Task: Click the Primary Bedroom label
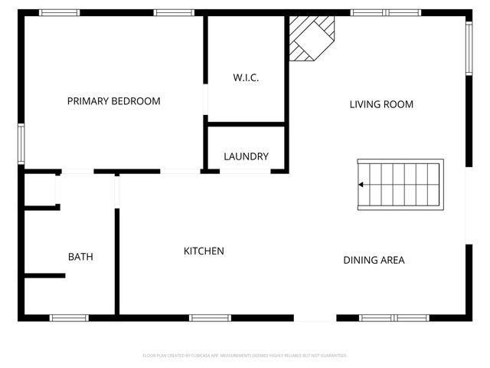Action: [x=113, y=101]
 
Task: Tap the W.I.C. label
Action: [x=246, y=77]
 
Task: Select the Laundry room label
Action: [x=246, y=156]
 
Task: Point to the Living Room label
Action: [x=381, y=104]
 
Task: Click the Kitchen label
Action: [x=204, y=251]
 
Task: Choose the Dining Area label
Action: [x=374, y=260]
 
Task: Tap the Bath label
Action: [x=80, y=257]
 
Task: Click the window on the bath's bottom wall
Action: [x=69, y=317]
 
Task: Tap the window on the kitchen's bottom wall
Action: [x=210, y=317]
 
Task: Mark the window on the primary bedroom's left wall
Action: [x=21, y=143]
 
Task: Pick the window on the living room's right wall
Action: [x=469, y=48]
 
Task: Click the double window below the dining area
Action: [x=394, y=317]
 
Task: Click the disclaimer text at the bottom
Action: [x=245, y=356]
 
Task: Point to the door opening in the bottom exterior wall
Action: [x=315, y=317]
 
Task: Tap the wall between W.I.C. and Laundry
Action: [x=246, y=123]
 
